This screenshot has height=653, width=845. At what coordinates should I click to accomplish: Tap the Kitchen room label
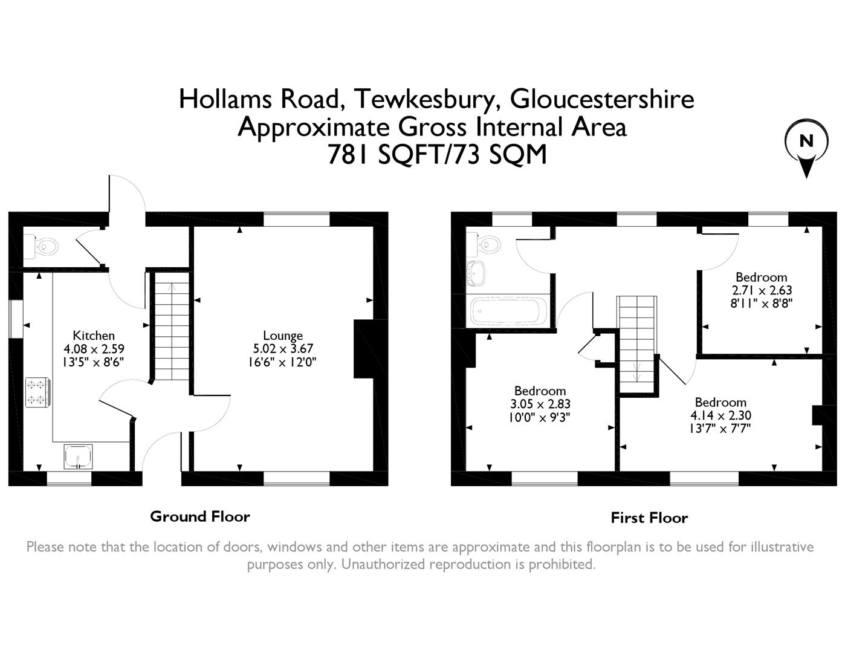click(x=94, y=336)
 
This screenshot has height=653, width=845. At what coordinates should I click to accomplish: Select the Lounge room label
click(x=283, y=336)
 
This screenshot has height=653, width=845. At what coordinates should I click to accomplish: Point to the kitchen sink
click(x=79, y=456)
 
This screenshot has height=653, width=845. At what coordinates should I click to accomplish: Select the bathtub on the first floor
click(x=507, y=311)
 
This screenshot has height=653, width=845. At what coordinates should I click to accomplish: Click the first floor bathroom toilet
click(x=487, y=244)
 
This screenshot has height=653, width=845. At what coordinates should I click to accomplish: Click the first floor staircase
click(x=636, y=345)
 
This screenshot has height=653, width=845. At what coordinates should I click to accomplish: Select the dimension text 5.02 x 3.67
click(x=283, y=349)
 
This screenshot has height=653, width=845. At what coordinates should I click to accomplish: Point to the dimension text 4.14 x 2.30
click(x=720, y=415)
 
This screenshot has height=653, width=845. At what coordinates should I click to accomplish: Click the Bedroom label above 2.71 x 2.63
click(x=761, y=278)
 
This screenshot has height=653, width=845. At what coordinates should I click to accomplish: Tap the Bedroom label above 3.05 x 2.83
click(x=540, y=391)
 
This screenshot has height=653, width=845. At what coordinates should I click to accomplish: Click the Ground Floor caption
click(x=199, y=516)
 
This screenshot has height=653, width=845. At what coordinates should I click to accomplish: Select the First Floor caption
click(x=649, y=518)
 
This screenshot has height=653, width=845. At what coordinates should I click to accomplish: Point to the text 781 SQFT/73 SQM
click(x=436, y=155)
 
